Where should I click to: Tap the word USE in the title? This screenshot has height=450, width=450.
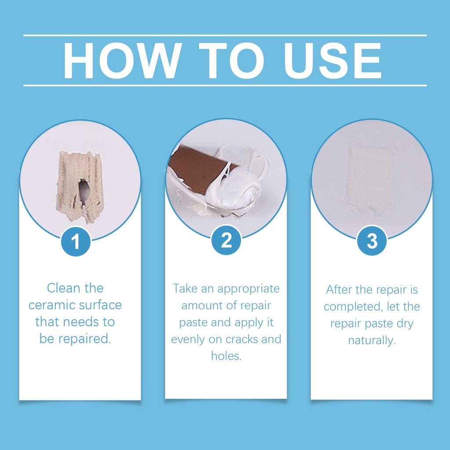point(332,61)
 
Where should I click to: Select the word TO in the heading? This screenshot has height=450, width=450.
point(231,61)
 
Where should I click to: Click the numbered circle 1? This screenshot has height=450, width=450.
point(76,241)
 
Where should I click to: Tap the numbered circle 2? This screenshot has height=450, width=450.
point(226,240)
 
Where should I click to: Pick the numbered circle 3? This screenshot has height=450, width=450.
point(372,240)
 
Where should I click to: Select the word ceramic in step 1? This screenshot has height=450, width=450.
point(52,305)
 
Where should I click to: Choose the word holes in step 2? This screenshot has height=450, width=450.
point(226,356)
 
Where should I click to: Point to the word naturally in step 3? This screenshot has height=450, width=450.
point(372,341)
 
